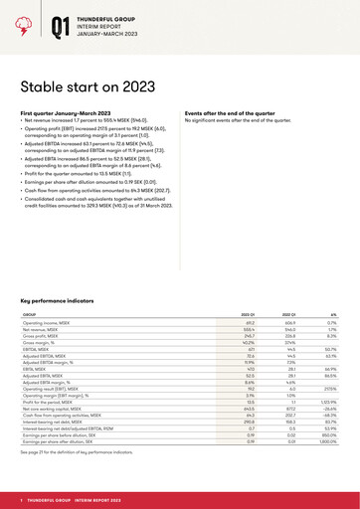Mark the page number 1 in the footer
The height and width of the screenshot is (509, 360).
pos(22,498)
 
